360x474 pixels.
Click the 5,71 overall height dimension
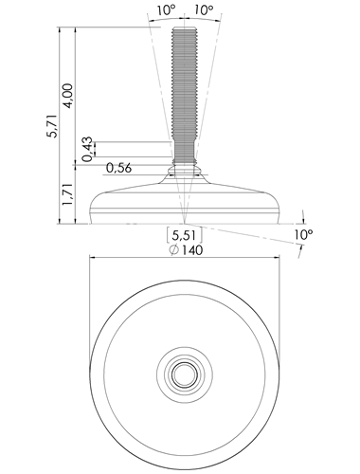(52, 126)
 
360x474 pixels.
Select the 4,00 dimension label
(68, 96)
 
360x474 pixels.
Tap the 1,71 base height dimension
(68, 194)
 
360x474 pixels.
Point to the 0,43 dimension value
(88, 149)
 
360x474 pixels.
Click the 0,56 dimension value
(118, 168)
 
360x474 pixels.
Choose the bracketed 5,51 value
(185, 235)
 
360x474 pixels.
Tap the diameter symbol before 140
(174, 250)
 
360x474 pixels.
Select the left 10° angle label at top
(166, 10)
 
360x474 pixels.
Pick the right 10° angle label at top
(204, 10)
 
